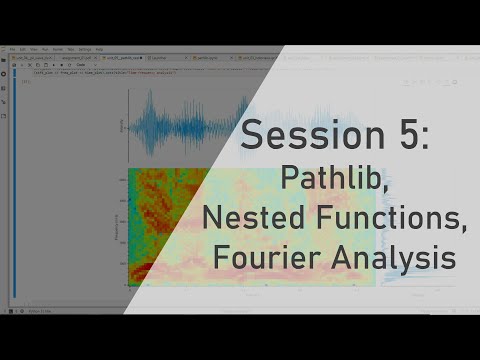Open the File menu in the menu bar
tap(12, 49)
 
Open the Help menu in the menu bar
tap(98, 49)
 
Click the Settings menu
tap(85, 49)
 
